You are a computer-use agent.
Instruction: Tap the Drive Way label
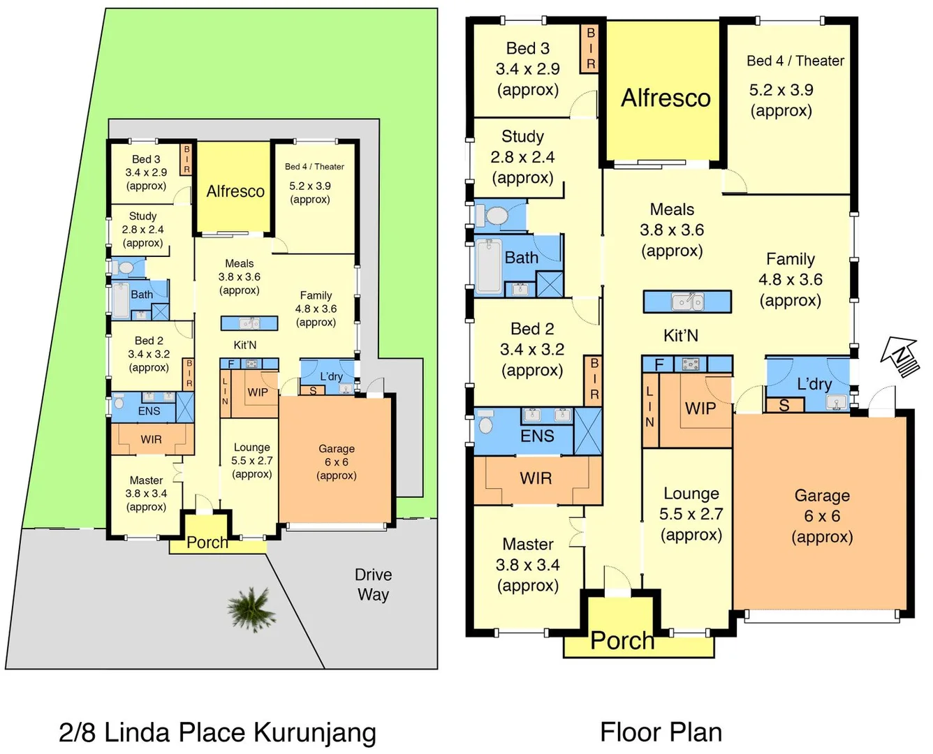(373, 584)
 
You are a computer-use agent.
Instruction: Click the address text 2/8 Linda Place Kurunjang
(217, 732)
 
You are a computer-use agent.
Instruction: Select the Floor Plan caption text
(661, 732)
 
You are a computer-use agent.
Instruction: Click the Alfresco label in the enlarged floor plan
(666, 98)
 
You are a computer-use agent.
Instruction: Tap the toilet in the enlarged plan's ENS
(486, 424)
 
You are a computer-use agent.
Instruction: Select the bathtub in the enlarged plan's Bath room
(488, 265)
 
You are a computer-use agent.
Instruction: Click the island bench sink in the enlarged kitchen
(687, 302)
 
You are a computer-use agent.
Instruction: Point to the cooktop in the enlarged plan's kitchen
(691, 364)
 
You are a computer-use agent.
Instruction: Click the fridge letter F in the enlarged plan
(659, 364)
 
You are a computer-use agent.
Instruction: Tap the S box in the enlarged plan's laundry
(784, 406)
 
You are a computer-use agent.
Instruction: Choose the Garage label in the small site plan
(337, 449)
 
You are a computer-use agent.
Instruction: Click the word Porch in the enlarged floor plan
(622, 640)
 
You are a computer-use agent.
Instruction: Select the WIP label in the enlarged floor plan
(700, 408)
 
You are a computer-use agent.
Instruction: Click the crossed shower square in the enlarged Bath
(549, 285)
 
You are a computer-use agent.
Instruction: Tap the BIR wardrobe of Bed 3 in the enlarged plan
(590, 48)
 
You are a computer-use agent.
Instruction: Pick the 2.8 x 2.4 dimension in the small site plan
(142, 230)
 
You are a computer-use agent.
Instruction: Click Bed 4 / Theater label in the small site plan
(314, 167)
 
